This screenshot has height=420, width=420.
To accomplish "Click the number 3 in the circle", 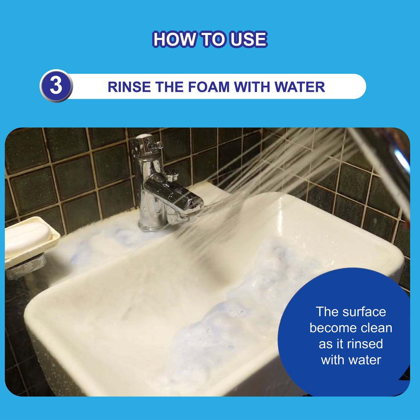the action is [x=56, y=86].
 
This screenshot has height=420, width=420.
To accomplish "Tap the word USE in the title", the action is [x=249, y=40].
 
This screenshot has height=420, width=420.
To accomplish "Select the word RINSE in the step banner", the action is [x=129, y=87].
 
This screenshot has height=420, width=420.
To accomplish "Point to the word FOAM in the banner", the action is [x=209, y=87].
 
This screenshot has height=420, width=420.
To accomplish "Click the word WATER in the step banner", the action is [x=300, y=87].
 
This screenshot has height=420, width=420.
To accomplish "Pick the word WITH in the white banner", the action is [x=252, y=87].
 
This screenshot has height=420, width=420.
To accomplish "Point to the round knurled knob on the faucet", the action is [x=171, y=175].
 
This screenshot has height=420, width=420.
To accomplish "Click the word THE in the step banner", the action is [x=169, y=87].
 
